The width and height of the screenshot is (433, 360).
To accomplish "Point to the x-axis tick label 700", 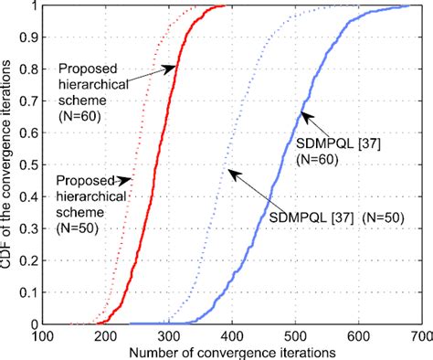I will point(421,336).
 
